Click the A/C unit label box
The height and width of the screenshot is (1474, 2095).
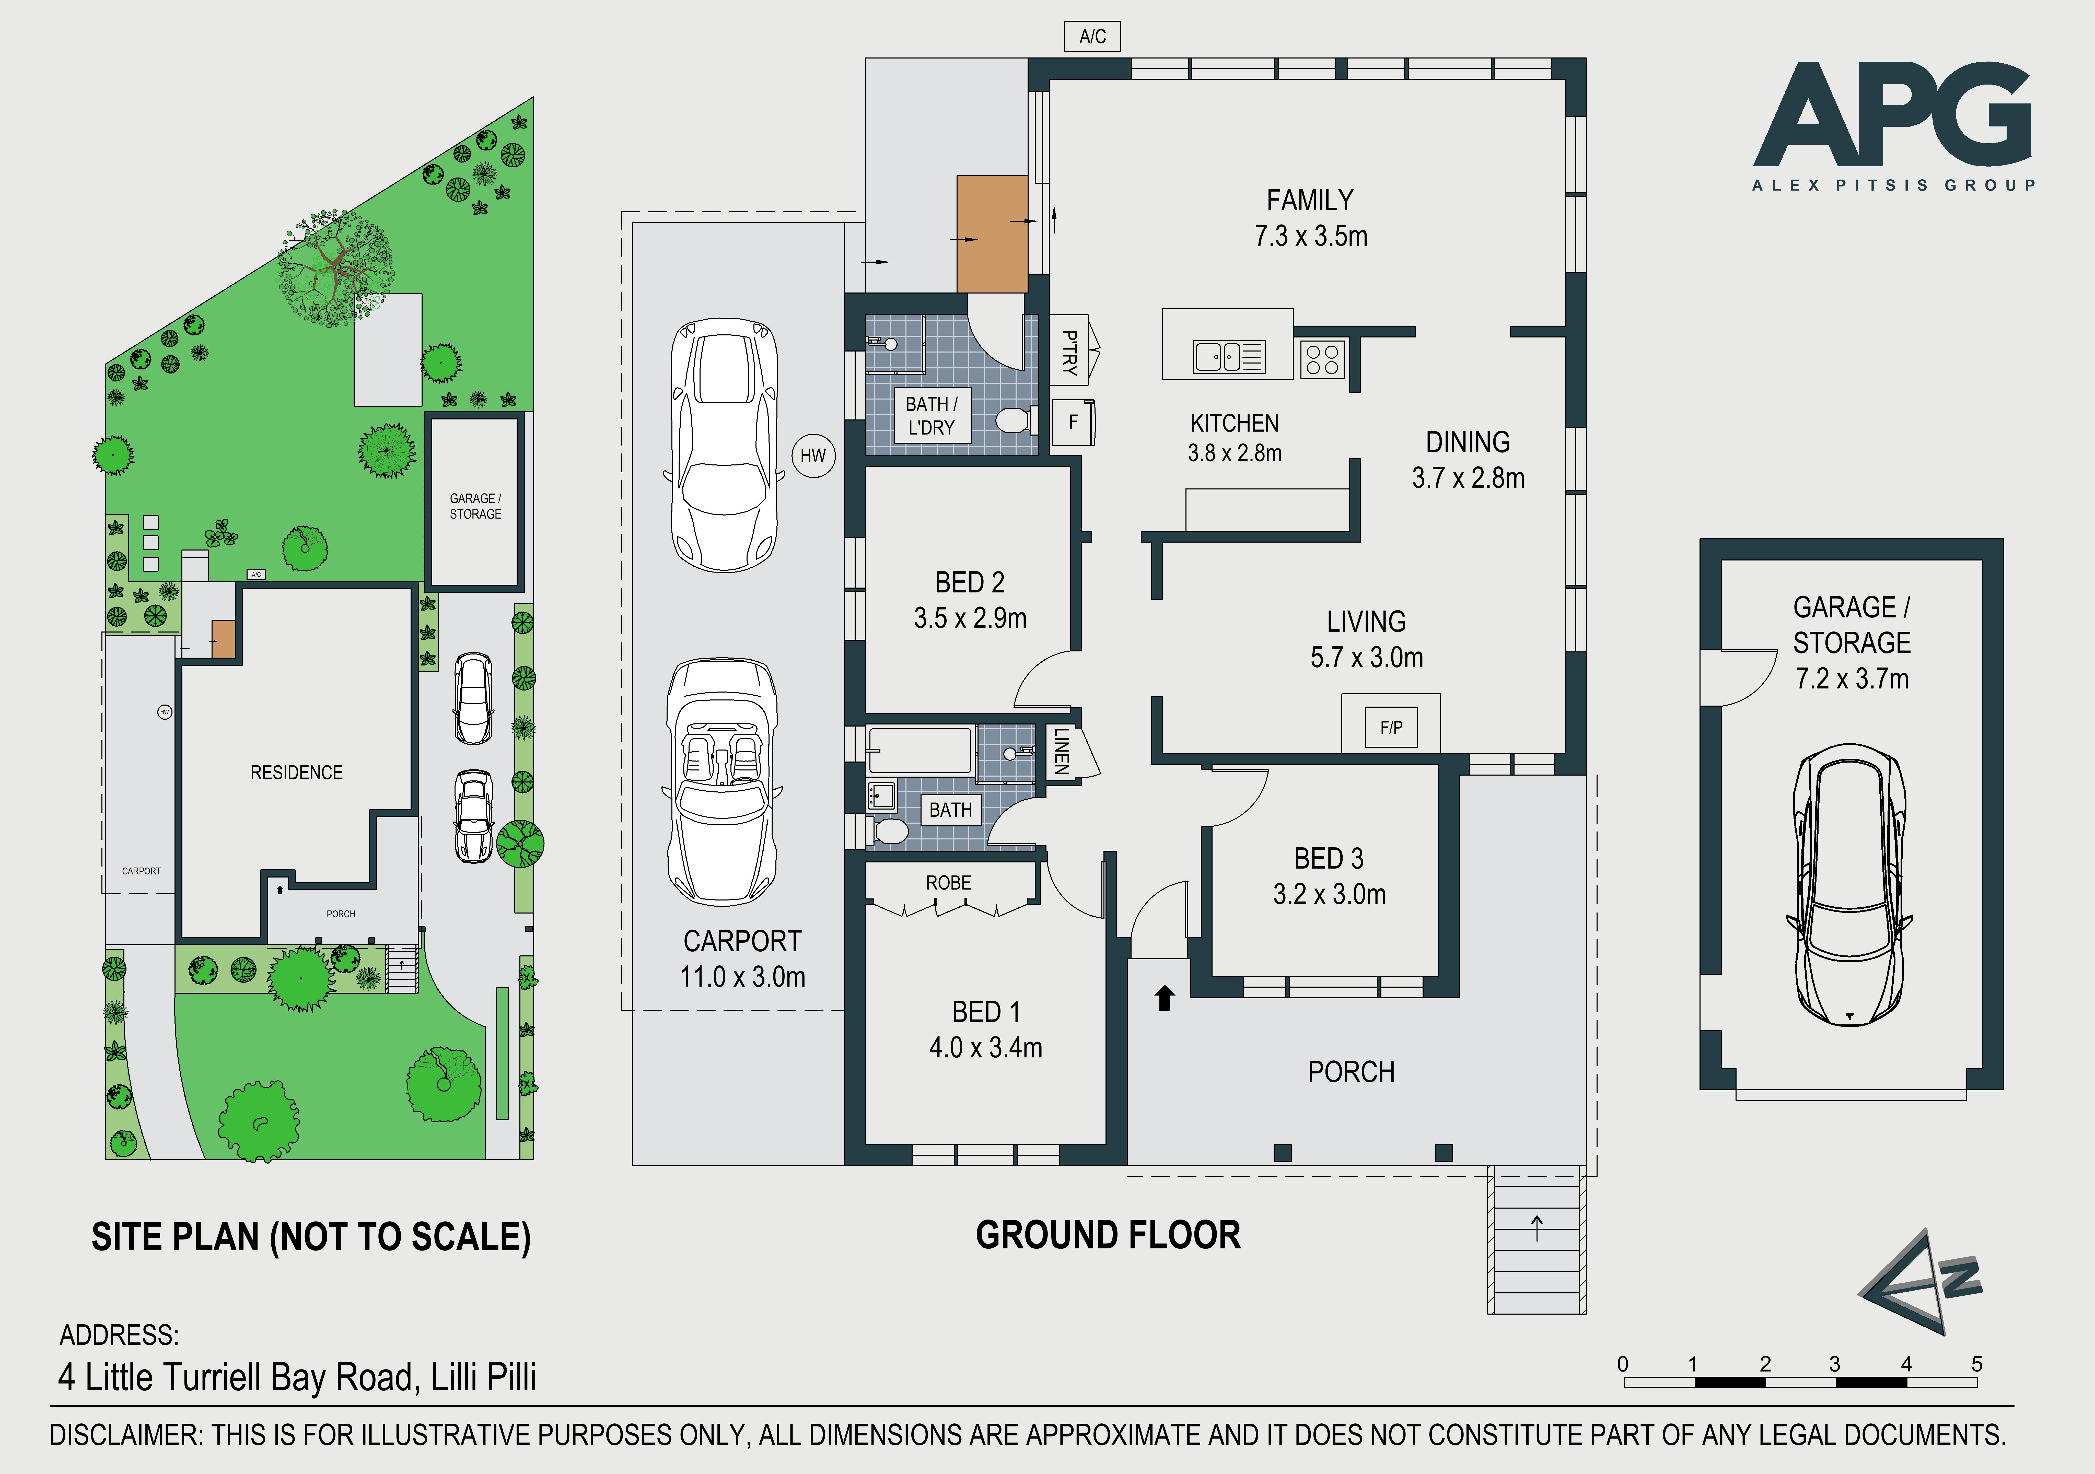(1092, 37)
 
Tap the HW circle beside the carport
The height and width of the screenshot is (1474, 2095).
(813, 455)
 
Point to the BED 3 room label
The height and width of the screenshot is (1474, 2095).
(1329, 858)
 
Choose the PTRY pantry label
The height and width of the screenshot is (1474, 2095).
(1069, 353)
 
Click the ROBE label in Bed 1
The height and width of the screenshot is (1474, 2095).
(949, 883)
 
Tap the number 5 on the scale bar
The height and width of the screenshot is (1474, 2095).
(1976, 1364)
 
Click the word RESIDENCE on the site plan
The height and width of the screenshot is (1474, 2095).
(297, 773)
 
